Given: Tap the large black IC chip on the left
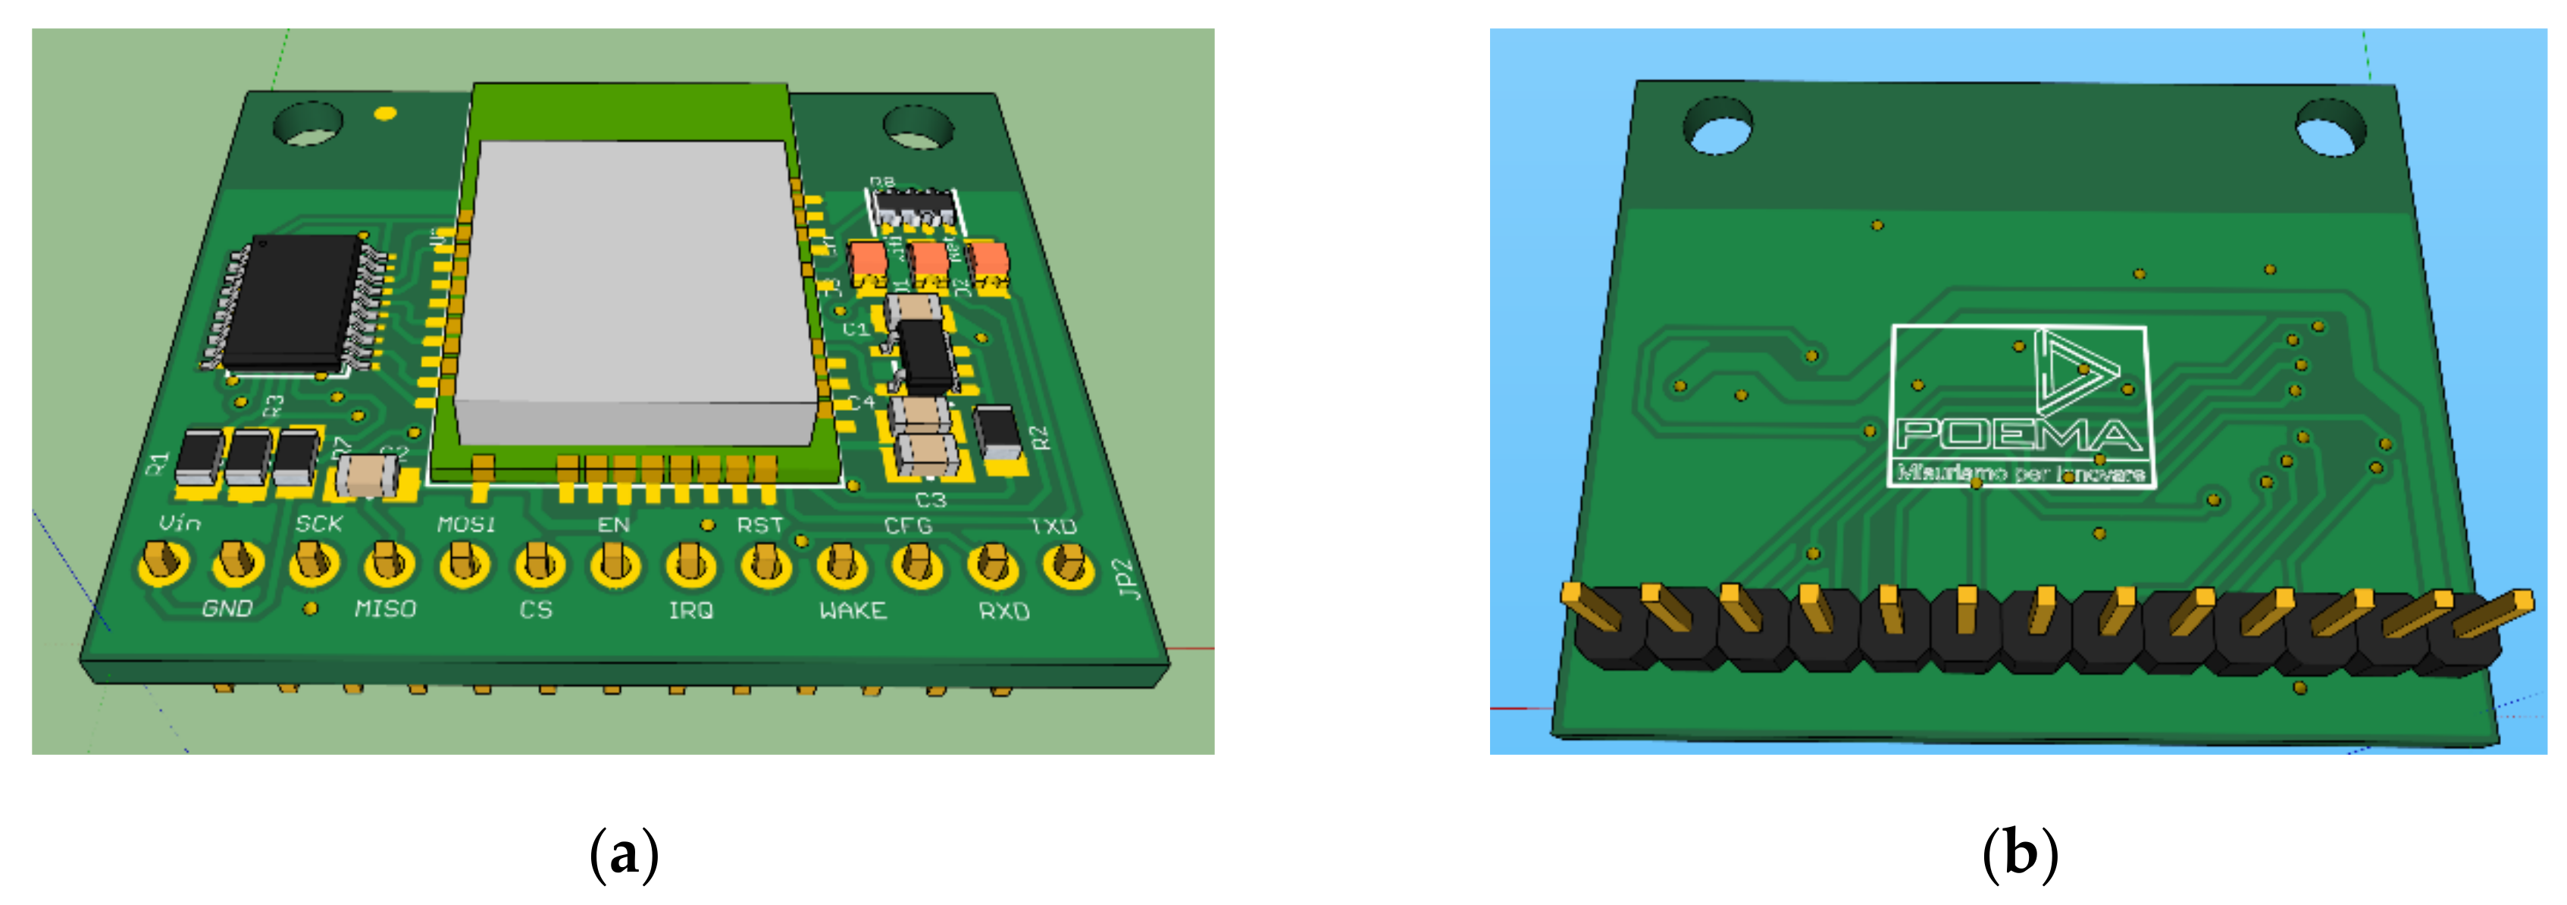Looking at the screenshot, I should pos(292,301).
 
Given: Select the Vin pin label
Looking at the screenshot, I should pos(180,523).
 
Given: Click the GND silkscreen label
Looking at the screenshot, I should pos(227,608).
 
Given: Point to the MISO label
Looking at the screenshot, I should pos(385,608).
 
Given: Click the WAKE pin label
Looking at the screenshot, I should pos(852,610).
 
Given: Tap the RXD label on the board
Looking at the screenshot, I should pos(1003,611).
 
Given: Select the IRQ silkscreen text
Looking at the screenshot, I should pos(690,610).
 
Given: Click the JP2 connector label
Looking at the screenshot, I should pos(1127,579).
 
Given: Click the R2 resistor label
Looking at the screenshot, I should pos(1039,437).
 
